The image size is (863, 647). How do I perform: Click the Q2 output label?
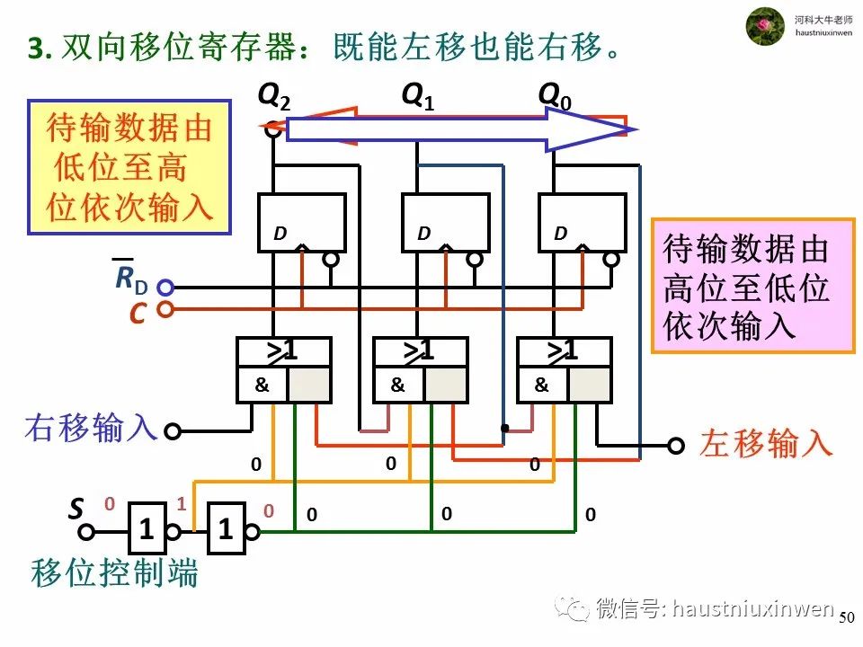(274, 96)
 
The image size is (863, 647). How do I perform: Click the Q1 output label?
(417, 96)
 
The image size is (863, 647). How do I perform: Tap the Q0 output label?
(555, 96)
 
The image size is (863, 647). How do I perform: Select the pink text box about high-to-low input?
(752, 285)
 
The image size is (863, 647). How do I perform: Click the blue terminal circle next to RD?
(165, 288)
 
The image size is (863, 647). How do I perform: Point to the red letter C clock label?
(138, 314)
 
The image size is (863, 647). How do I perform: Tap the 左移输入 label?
(766, 444)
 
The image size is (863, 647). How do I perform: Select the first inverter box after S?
(147, 531)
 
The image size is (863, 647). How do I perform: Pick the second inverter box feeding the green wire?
(227, 531)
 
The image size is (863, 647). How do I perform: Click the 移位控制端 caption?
(114, 572)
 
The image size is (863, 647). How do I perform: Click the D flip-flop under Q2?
(300, 223)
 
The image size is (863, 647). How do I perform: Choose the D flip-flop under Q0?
(581, 223)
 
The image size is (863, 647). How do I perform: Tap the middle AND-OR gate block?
(420, 369)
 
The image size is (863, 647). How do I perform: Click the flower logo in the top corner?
(766, 25)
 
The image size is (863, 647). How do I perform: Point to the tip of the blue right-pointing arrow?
(633, 131)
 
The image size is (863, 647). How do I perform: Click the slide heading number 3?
(36, 49)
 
